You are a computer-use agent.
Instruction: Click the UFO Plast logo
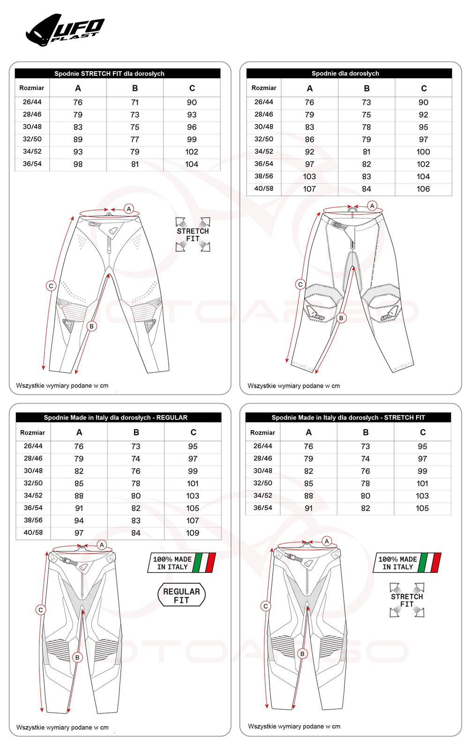66,30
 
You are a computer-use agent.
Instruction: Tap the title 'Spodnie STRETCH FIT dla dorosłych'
109,73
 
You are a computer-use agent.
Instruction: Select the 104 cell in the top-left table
192,164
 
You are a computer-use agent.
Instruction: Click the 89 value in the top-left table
78,140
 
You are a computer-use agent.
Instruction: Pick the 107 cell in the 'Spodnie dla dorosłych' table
309,189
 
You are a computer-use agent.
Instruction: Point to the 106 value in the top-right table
423,189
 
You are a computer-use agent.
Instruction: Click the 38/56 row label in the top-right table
264,176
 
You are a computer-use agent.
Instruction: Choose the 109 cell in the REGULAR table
193,533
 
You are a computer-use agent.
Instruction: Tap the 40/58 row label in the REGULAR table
33,533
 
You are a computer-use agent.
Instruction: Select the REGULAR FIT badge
181,595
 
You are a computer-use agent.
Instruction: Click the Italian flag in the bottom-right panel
430,563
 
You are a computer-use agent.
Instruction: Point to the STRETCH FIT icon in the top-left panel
193,235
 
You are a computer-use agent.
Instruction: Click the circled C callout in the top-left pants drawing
51,286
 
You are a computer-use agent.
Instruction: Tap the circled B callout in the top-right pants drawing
341,318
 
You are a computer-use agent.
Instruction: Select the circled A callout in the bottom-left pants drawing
102,545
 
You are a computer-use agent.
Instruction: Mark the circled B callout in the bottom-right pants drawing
302,654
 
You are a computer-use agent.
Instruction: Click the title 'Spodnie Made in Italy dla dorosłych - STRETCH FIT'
348,418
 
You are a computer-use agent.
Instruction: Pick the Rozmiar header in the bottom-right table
262,433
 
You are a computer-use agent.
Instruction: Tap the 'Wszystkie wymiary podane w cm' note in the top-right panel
294,386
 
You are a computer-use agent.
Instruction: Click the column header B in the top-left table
135,88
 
